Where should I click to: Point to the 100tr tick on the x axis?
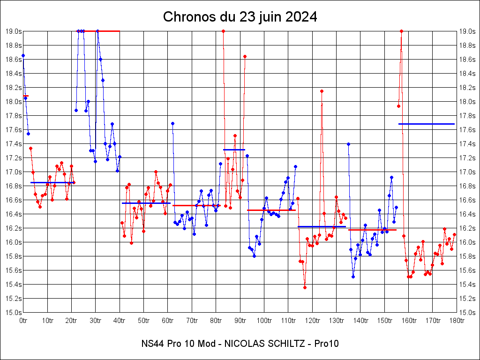point(264,320)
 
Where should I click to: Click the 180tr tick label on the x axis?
point(457,320)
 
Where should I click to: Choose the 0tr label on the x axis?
point(23,320)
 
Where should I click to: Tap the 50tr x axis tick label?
point(143,320)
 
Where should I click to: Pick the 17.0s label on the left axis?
point(13,172)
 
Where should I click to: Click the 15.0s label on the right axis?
point(467,313)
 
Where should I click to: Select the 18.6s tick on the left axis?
point(13,60)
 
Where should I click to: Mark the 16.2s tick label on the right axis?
point(467,228)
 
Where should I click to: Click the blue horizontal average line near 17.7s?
point(427,124)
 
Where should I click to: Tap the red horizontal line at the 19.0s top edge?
point(108,31)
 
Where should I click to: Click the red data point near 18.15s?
point(322,91)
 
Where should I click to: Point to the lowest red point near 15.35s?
point(305,287)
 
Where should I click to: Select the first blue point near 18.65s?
point(23,55)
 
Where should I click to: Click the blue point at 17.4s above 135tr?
point(348,144)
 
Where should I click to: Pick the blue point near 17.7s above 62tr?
point(172,123)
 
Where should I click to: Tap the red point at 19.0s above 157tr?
point(401,31)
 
